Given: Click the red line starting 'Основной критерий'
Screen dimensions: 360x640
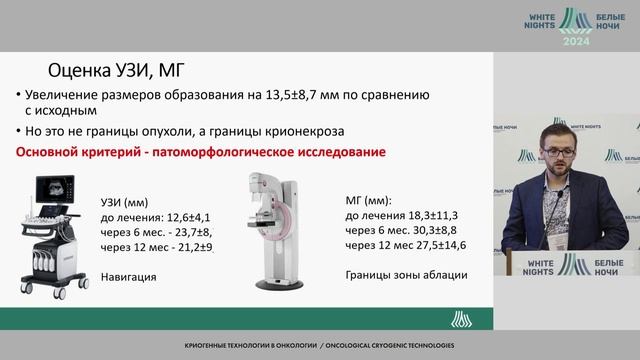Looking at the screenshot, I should pos(200,152).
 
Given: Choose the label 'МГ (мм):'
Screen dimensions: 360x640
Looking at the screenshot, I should pos(370,199).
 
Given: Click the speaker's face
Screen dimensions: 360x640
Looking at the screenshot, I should pos(554,148).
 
